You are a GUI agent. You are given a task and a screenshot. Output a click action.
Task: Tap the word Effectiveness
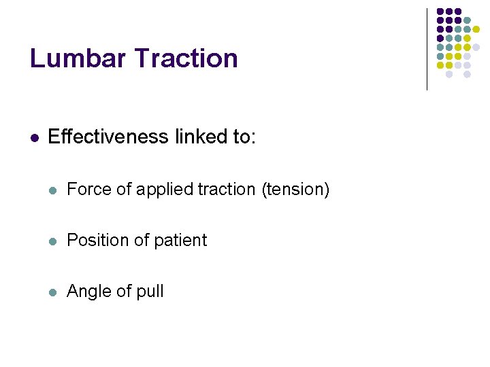click(108, 137)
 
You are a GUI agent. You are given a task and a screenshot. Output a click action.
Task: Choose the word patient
click(180, 240)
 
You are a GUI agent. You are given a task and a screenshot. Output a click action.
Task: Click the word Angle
click(88, 292)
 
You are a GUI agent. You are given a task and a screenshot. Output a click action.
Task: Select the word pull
click(150, 292)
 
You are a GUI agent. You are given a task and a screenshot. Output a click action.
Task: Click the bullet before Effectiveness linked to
click(35, 137)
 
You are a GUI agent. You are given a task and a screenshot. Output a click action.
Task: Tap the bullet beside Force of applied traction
click(54, 190)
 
